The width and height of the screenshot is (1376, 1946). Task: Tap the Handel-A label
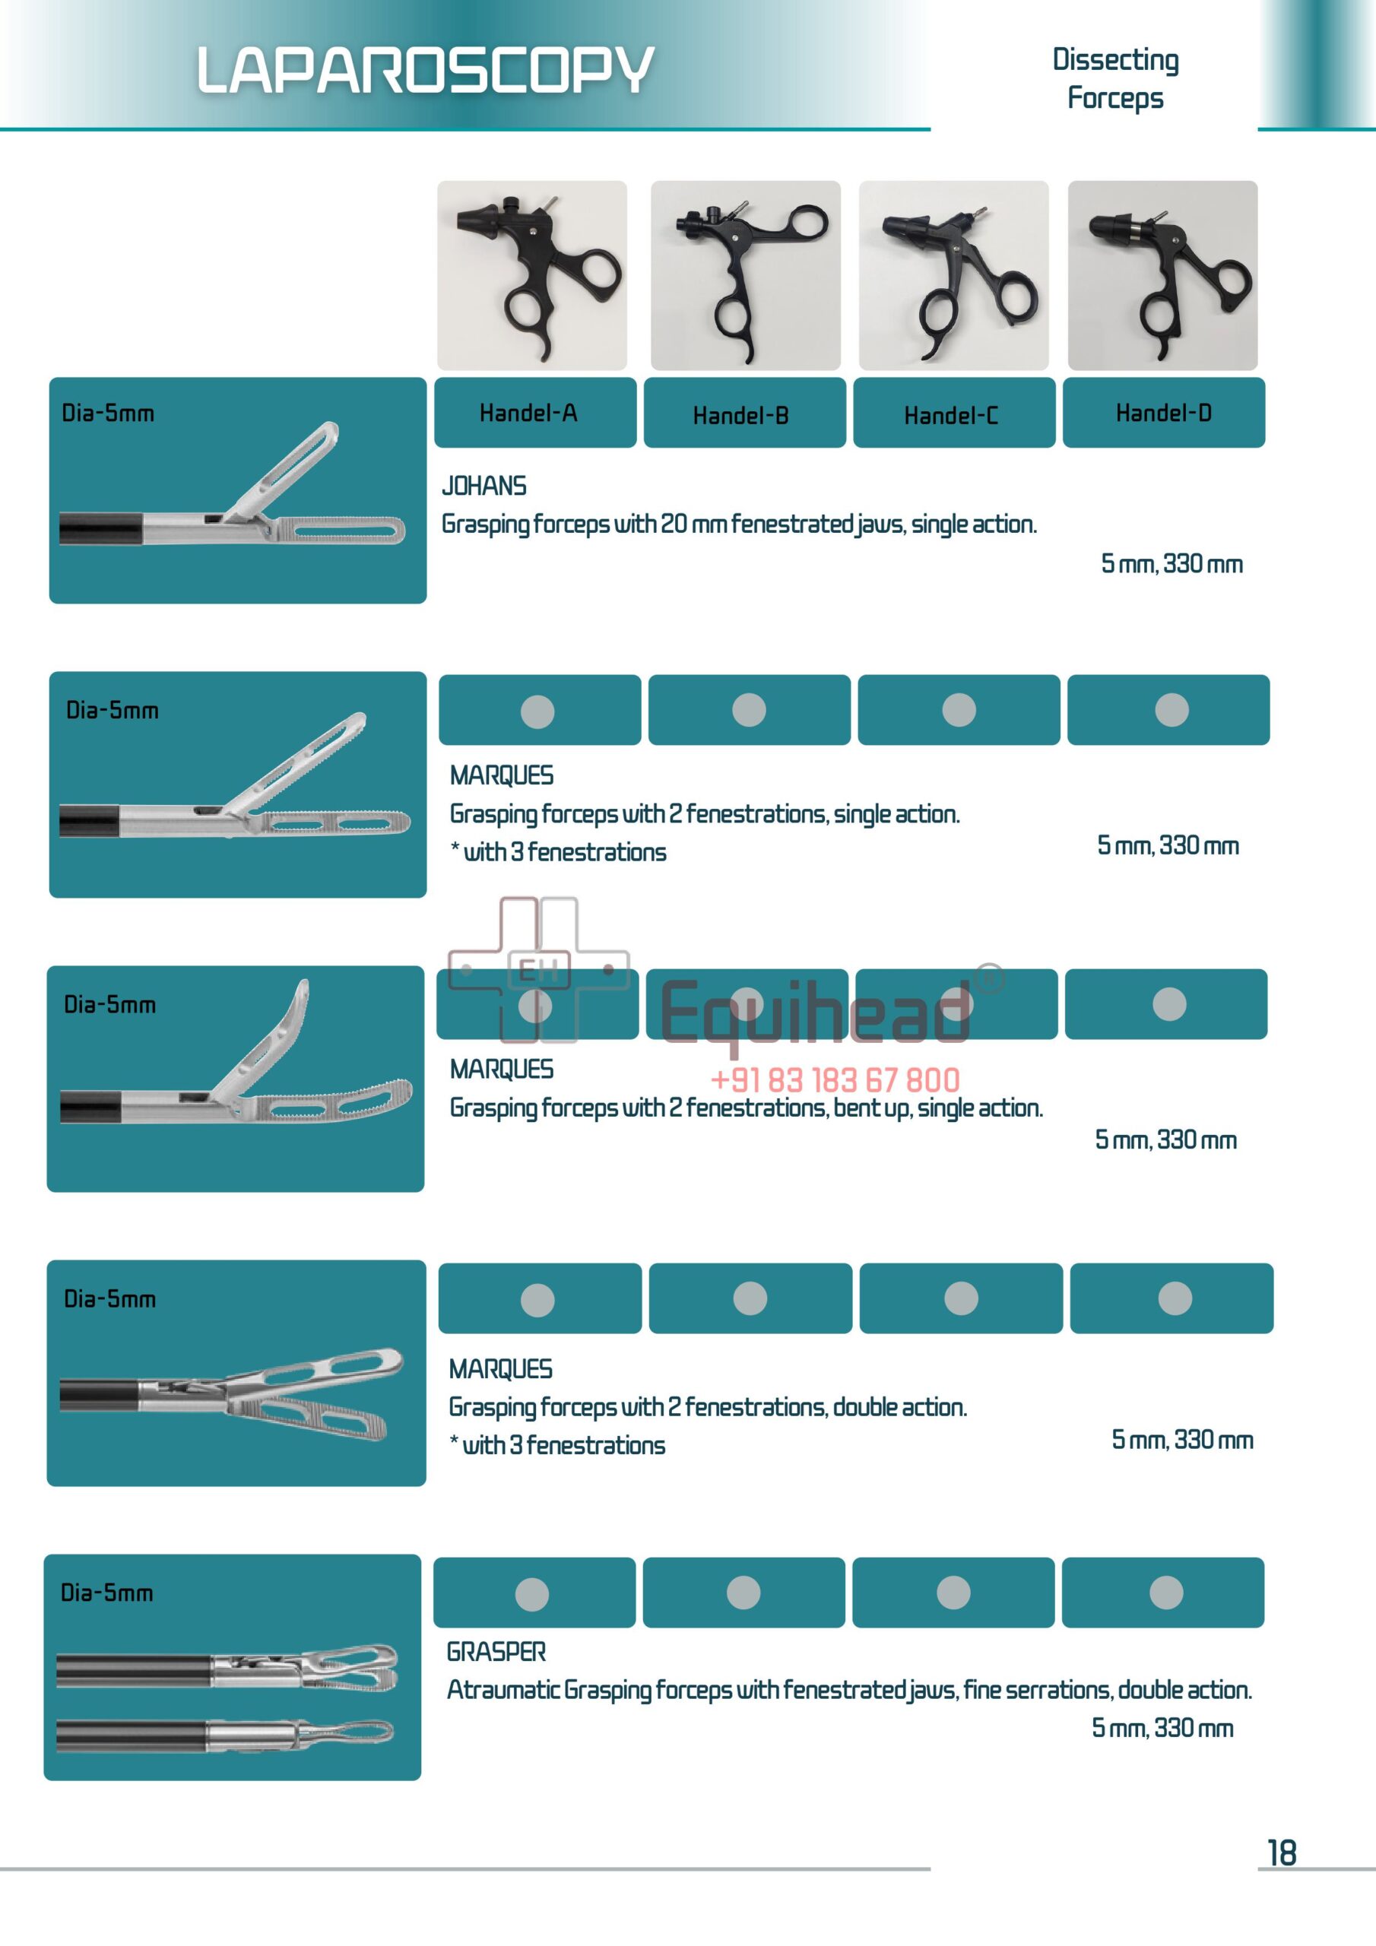click(x=528, y=413)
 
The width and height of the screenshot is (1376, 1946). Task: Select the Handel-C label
click(x=950, y=415)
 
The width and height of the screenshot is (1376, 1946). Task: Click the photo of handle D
click(x=1162, y=275)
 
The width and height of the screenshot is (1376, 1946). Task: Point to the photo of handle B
click(x=745, y=275)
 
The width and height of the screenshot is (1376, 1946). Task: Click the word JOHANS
click(x=484, y=486)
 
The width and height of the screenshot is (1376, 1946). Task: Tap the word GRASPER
click(x=496, y=1651)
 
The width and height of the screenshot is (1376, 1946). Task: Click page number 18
click(x=1281, y=1853)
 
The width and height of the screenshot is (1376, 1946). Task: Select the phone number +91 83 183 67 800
click(x=834, y=1079)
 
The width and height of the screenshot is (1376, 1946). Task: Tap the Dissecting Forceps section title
click(x=1115, y=78)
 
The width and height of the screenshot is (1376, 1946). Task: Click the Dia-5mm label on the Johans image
click(x=108, y=414)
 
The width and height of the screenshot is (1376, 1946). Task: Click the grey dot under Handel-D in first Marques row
click(x=1171, y=710)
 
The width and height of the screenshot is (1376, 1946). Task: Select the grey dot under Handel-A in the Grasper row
click(x=531, y=1594)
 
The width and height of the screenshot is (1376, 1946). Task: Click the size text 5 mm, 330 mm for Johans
click(x=1171, y=563)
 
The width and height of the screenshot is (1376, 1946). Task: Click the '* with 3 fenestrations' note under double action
click(x=557, y=1445)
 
